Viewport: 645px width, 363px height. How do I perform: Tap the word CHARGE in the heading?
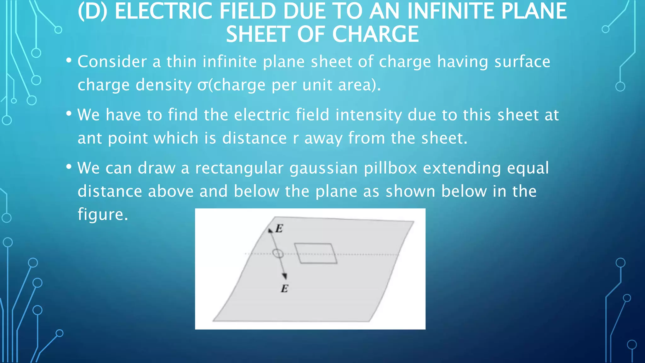(375, 34)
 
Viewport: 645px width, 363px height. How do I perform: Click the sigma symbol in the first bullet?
(203, 85)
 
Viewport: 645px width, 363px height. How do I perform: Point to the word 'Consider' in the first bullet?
(112, 61)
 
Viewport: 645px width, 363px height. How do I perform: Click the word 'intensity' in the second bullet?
(368, 115)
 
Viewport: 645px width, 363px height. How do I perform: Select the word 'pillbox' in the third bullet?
(391, 168)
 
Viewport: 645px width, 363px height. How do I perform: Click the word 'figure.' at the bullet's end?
(103, 215)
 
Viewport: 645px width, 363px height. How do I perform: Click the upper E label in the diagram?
(279, 228)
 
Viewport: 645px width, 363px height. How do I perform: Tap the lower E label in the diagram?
(284, 288)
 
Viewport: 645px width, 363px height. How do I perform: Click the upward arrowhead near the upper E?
(270, 230)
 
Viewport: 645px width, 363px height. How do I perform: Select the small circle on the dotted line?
(278, 253)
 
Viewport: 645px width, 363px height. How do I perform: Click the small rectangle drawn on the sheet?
(316, 253)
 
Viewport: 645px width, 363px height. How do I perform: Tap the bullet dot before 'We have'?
(69, 114)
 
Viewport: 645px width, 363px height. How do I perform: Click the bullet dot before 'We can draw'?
(69, 167)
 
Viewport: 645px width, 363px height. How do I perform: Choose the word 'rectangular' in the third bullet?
(239, 168)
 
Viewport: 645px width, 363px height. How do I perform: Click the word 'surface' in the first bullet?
(522, 61)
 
